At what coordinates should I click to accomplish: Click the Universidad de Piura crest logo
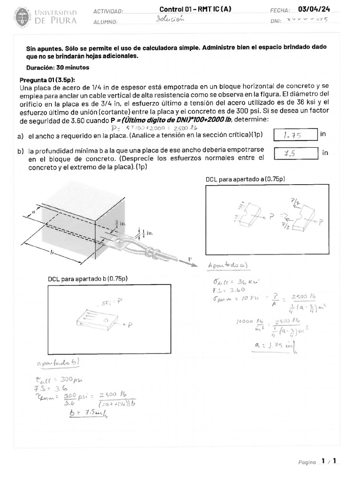(21, 16)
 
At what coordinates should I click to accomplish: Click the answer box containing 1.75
(294, 135)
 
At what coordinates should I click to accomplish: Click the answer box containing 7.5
(294, 153)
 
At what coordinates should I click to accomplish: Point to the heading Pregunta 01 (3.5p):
(47, 79)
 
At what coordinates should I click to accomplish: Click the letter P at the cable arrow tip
(190, 259)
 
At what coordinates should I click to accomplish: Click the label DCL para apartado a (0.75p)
(245, 180)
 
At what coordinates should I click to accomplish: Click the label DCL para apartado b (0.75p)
(88, 279)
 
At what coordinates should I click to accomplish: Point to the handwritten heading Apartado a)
(229, 265)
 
